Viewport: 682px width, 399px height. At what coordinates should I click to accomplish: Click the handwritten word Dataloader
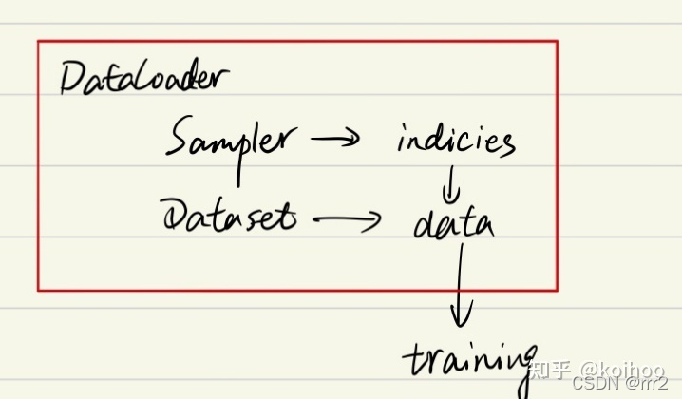coord(142,79)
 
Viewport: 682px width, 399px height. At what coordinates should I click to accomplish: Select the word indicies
coord(456,142)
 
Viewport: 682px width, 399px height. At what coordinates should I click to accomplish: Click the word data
coord(453,224)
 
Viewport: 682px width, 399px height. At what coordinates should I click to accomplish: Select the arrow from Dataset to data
coord(346,220)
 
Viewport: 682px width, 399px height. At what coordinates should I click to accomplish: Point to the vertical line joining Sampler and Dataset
coord(237,172)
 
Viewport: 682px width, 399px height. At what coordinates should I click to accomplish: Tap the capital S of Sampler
coord(179,140)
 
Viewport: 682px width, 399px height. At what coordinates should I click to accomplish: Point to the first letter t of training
coord(411,360)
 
